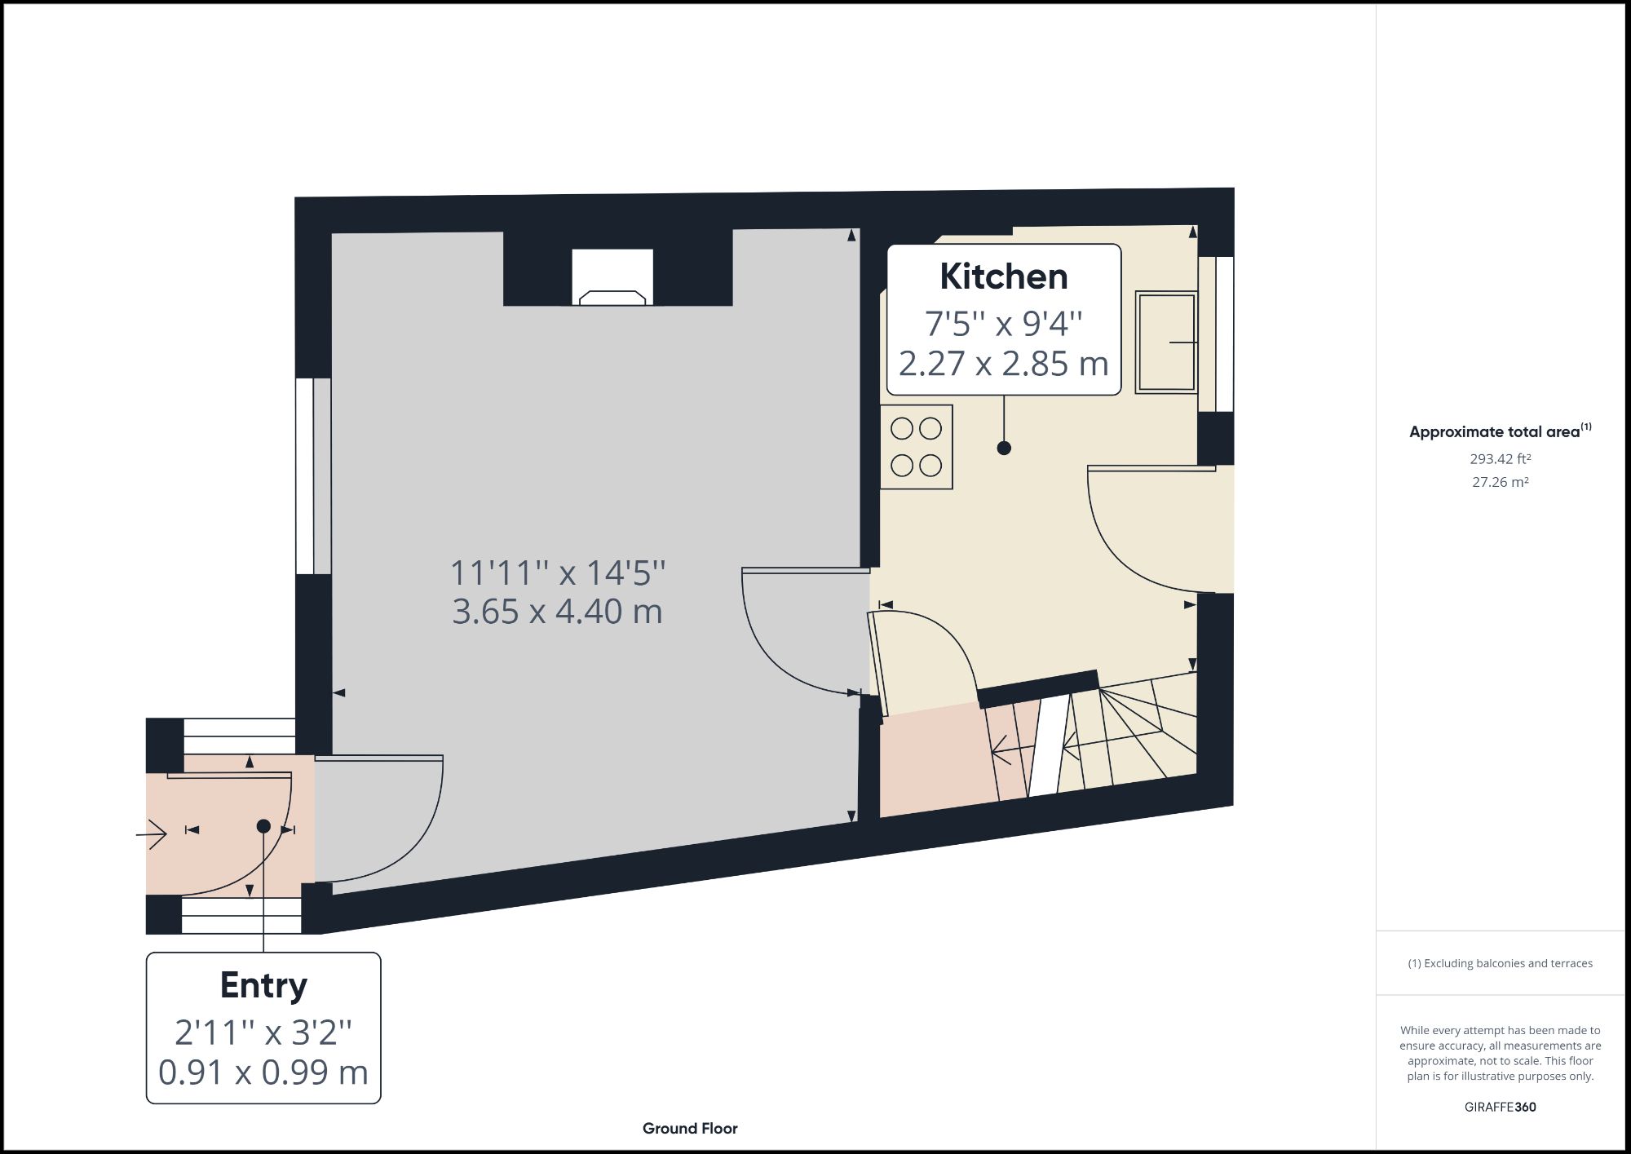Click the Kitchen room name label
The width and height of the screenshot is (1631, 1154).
coord(1003,277)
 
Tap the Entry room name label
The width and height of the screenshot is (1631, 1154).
coord(263,985)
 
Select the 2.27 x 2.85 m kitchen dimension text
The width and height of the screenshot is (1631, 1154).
coord(1003,364)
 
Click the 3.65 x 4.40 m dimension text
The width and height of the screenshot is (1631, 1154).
coord(557,612)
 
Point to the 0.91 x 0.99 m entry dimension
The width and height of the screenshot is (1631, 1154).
coord(263,1072)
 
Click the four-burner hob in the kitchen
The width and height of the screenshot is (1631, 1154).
coord(916,447)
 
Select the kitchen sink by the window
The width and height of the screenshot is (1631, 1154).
coord(1166,343)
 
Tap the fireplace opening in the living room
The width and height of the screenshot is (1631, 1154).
coord(612,277)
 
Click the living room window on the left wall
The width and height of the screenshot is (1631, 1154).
coord(312,476)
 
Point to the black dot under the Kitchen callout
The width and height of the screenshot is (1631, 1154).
coord(1004,448)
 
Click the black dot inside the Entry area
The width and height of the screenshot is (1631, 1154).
coord(263,826)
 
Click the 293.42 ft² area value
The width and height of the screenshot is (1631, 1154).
coord(1500,459)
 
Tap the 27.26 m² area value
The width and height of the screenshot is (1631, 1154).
coord(1500,482)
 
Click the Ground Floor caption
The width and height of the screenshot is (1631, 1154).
coord(690,1129)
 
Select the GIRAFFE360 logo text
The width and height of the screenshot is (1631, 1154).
coord(1500,1107)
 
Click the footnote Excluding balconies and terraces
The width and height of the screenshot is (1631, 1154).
coord(1500,963)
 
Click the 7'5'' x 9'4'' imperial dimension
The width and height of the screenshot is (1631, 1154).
coord(1003,324)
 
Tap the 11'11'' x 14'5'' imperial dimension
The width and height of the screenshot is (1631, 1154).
coord(557,573)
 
